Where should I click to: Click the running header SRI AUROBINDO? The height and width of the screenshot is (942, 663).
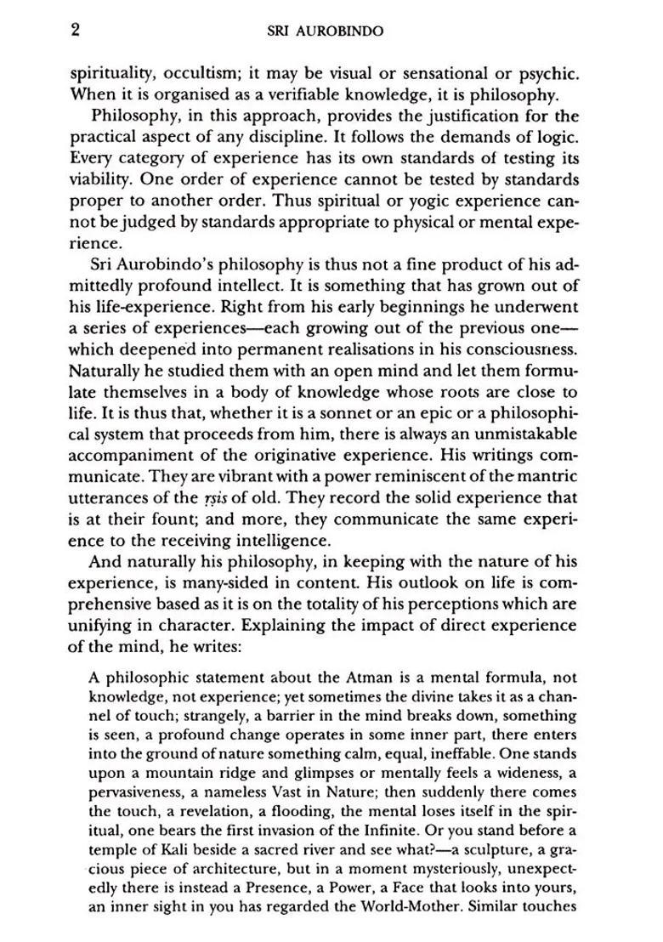pos(325,31)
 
